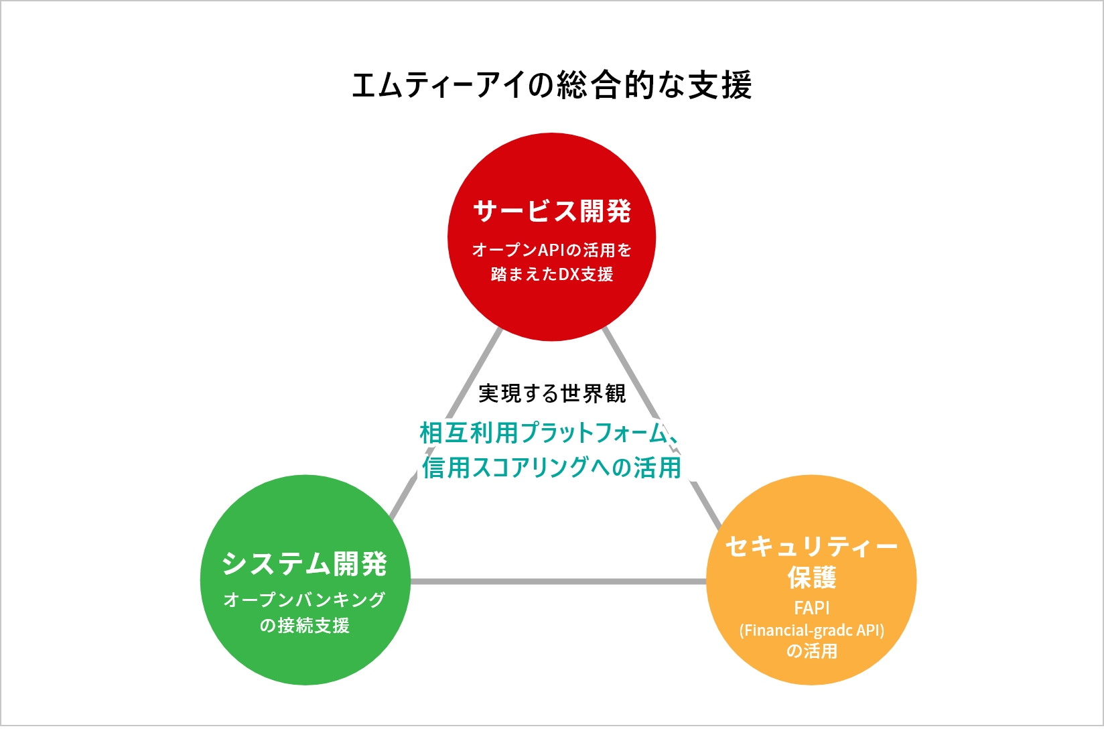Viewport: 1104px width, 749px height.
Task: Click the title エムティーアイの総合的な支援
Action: click(552, 85)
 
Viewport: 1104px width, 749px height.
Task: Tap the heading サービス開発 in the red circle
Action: click(552, 211)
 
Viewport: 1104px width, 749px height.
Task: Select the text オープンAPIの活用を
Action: click(552, 250)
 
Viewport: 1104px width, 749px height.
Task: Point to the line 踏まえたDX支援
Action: click(552, 274)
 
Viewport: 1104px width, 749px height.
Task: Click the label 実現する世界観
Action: click(552, 393)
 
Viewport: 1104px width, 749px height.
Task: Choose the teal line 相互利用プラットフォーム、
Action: click(551, 433)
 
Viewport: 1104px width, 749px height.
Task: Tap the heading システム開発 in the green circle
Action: click(305, 563)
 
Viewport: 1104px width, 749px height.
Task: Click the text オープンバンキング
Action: click(305, 599)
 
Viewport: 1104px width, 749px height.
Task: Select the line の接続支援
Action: click(305, 625)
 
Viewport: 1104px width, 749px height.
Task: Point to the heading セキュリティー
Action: click(811, 547)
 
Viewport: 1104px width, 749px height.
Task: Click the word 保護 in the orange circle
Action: click(811, 577)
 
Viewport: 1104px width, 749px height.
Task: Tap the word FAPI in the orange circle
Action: click(811, 608)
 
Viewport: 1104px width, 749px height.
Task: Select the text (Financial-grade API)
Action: click(811, 630)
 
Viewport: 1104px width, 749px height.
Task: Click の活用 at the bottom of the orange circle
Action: click(811, 651)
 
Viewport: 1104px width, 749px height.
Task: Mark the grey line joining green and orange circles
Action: click(557, 581)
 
